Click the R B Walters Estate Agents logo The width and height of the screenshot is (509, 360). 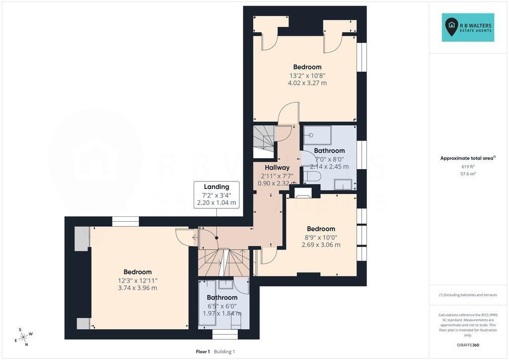pyautogui.click(x=468, y=27)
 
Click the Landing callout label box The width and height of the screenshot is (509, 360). pyautogui.click(x=216, y=194)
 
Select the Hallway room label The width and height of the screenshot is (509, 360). pyautogui.click(x=277, y=168)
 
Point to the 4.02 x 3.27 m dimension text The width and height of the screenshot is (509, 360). pyautogui.click(x=307, y=83)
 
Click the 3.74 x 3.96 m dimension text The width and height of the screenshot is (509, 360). pyautogui.click(x=138, y=288)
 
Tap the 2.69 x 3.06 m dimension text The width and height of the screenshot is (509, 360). pyautogui.click(x=321, y=245)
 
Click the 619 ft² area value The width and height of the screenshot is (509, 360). pyautogui.click(x=468, y=167)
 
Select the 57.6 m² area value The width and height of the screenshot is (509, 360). pyautogui.click(x=468, y=174)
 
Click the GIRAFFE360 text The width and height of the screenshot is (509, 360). pyautogui.click(x=468, y=345)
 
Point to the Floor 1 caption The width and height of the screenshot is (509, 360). pyautogui.click(x=203, y=352)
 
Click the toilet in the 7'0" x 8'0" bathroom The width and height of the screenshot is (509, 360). pyautogui.click(x=312, y=176)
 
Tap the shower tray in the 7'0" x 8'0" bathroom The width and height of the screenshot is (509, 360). pyautogui.click(x=317, y=135)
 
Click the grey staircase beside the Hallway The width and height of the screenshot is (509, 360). pyautogui.click(x=264, y=142)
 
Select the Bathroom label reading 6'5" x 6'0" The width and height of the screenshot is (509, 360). pyautogui.click(x=222, y=297)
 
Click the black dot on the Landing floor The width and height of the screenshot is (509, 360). pyautogui.click(x=216, y=238)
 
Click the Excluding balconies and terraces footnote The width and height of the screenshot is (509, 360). pyautogui.click(x=468, y=295)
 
